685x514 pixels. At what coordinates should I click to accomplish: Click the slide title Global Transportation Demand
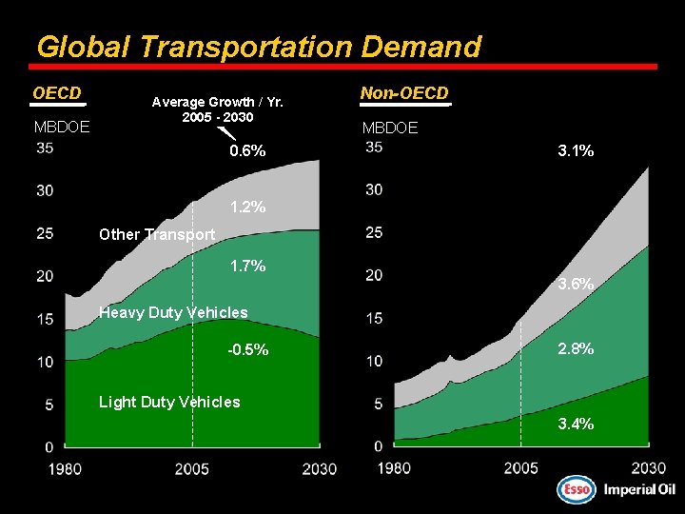point(258,47)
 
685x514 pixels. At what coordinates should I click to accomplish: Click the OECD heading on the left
point(57,93)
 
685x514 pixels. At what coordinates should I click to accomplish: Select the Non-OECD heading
point(404,93)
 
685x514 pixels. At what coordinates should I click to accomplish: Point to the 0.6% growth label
point(247,151)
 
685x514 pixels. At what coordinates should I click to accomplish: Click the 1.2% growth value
point(247,207)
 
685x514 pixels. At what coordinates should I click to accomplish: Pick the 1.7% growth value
point(247,266)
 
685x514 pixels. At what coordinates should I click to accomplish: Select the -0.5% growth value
point(247,350)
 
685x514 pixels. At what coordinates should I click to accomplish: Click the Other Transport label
point(157,234)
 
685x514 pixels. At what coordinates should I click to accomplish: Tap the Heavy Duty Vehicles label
point(173,312)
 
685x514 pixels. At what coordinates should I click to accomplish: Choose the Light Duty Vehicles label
point(169,402)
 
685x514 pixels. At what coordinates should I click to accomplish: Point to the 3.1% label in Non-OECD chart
point(576,150)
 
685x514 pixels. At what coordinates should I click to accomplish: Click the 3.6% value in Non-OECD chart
point(576,284)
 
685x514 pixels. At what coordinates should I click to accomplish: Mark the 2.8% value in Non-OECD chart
point(576,349)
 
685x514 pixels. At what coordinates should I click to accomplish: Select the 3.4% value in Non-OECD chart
point(576,424)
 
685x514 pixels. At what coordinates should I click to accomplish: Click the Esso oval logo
point(575,489)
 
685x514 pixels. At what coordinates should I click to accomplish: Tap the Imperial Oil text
point(638,489)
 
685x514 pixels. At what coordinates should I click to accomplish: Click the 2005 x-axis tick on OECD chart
point(192,468)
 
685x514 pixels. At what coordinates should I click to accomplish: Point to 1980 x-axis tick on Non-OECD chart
point(394,467)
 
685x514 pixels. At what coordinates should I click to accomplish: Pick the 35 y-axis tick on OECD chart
point(45,148)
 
